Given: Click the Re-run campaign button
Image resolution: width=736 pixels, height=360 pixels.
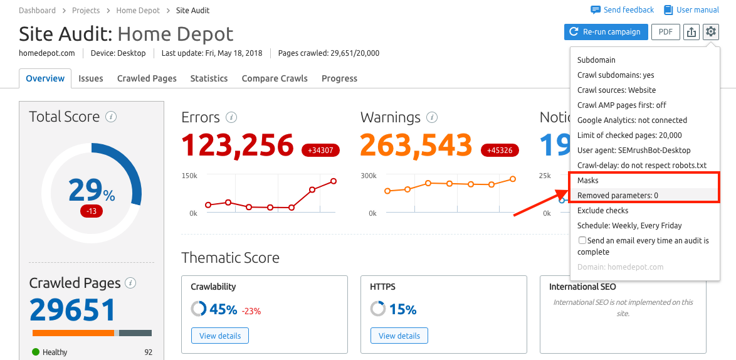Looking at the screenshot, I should [605, 32].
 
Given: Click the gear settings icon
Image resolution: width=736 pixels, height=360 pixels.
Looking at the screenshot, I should [710, 32].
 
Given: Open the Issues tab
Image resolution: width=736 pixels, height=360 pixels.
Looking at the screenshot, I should [91, 78].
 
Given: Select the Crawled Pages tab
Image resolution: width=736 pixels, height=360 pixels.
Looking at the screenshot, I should [147, 78].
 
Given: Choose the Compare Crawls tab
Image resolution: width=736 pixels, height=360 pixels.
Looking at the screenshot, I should [275, 78].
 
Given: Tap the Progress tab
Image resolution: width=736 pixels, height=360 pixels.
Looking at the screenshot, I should [339, 78].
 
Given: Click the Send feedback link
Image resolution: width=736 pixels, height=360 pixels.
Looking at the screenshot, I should [623, 10].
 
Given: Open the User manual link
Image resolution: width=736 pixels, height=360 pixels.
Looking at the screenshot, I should [691, 10].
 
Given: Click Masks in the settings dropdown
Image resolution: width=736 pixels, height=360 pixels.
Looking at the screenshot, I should [588, 181].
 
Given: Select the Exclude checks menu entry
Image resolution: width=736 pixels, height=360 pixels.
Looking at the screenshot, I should [602, 211].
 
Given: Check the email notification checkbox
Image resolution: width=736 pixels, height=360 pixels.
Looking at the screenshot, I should [582, 240].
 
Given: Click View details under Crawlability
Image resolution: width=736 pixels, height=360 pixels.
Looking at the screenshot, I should [220, 336].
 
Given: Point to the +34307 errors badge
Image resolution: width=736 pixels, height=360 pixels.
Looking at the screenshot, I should [320, 151].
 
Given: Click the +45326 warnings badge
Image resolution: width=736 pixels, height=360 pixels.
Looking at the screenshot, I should [499, 151].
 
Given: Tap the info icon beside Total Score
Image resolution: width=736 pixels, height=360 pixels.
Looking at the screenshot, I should [111, 117].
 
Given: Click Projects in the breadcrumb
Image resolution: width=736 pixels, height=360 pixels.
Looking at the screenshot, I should [85, 11].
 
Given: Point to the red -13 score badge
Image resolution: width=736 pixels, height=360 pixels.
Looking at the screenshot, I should [92, 211].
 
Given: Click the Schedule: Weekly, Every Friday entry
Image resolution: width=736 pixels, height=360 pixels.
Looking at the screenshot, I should [629, 226].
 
